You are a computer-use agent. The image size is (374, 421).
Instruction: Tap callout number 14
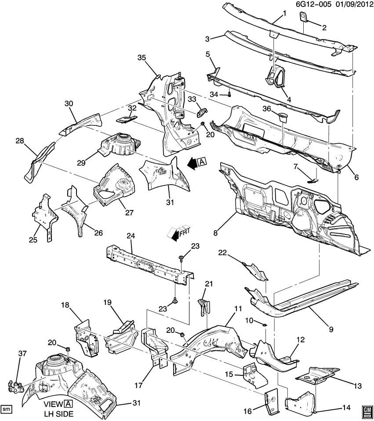(346, 407)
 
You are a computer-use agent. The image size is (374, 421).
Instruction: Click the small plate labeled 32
(126, 119)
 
